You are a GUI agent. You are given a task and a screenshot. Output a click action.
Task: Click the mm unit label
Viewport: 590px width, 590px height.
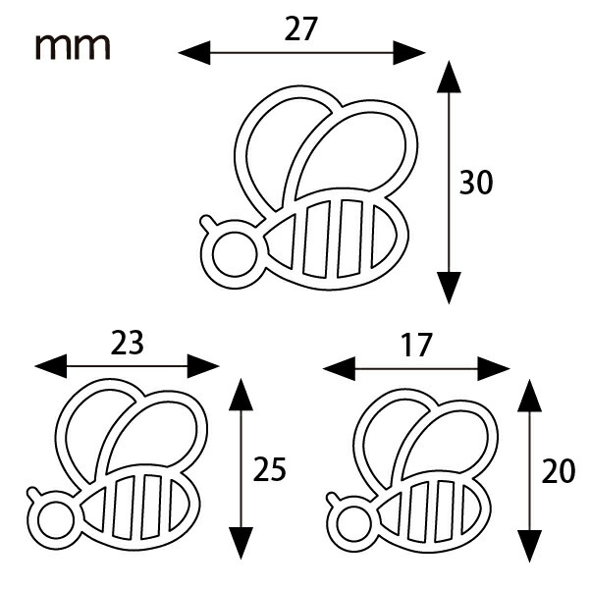[x=73, y=47]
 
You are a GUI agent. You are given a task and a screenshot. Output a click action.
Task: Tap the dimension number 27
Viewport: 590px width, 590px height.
[x=301, y=29]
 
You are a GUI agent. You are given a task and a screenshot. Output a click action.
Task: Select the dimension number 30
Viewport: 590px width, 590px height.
[x=476, y=183]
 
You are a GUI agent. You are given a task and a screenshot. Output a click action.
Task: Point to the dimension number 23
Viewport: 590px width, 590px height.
[x=128, y=343]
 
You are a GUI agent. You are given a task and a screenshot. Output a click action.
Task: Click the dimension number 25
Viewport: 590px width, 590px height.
[x=270, y=469]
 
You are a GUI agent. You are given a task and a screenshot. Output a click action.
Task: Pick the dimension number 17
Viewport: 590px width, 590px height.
[x=416, y=345]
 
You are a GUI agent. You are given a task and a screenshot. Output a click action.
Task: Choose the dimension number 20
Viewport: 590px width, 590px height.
[x=559, y=470]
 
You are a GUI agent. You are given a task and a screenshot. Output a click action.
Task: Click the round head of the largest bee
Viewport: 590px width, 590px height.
[x=235, y=254]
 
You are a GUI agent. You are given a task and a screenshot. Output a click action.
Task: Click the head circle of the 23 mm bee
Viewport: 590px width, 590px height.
[x=56, y=521]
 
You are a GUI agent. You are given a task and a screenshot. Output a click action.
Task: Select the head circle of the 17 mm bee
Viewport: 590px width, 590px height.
[x=353, y=524]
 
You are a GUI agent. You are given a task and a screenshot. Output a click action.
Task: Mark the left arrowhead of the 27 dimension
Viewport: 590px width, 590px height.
[x=194, y=53]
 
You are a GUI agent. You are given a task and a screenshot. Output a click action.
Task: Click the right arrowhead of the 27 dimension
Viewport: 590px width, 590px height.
[x=409, y=53]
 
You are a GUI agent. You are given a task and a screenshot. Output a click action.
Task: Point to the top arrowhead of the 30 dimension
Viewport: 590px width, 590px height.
[x=449, y=77]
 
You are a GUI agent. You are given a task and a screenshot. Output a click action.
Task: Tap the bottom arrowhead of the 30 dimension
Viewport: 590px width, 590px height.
[x=449, y=288]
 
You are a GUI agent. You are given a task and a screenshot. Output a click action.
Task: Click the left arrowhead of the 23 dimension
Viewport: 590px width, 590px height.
[x=51, y=366]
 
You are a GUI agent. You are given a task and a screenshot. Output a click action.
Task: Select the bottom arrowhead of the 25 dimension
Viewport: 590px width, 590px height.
[x=241, y=543]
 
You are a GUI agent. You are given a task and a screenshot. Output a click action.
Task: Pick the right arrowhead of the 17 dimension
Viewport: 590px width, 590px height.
[x=494, y=369]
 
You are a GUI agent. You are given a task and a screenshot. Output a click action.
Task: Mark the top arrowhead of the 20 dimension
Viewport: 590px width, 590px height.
[x=529, y=396]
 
